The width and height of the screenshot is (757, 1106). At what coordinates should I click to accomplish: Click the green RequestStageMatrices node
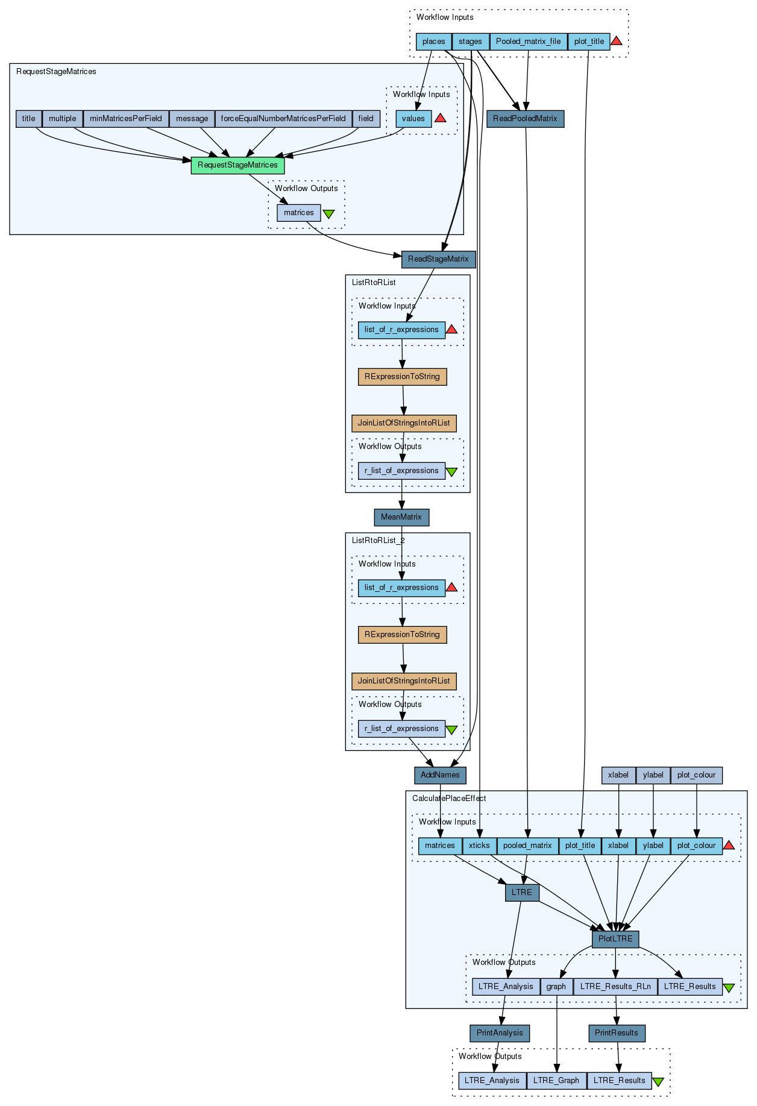point(237,165)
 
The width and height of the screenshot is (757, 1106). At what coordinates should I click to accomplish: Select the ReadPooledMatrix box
point(525,119)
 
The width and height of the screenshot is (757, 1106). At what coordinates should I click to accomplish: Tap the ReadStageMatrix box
point(438,259)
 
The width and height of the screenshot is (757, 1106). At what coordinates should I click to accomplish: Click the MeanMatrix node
point(401,517)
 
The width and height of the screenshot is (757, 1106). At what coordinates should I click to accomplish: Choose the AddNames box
point(440,775)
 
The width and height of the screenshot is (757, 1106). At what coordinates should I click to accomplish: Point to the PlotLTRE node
point(615,939)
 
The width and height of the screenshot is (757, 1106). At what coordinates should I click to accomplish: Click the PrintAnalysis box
point(500,1033)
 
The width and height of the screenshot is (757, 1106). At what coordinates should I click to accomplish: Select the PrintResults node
point(617,1033)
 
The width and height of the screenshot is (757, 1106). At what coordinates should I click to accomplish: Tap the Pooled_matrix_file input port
point(529,42)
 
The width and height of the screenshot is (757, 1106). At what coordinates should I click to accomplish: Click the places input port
point(434,42)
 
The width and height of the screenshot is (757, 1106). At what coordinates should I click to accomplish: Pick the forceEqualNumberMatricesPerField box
point(283,119)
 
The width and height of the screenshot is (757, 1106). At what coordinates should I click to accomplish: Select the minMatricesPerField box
point(126,119)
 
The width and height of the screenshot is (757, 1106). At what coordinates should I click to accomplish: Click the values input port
point(413,119)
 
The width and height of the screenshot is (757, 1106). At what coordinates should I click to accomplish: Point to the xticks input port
point(479,846)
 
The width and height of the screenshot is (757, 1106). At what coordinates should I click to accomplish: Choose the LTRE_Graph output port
point(556,1081)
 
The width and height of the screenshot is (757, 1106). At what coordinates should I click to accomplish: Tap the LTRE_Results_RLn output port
point(615,987)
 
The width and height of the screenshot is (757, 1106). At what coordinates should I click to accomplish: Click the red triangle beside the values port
point(441,118)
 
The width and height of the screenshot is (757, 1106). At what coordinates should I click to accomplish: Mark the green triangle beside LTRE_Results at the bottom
point(658,1082)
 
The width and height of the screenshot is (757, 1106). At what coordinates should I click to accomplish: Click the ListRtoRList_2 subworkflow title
point(378,541)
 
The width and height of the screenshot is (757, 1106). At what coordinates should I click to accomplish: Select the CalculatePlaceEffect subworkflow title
point(449,799)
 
